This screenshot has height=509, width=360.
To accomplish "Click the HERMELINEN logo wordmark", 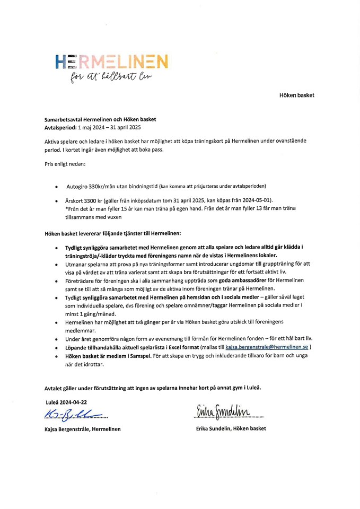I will tap(111, 62).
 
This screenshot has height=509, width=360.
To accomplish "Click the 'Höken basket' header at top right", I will tap(297, 95).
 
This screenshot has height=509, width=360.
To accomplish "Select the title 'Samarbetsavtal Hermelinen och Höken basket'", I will tap(100, 120).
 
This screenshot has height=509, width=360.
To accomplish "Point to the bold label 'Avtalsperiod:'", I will tap(60, 128).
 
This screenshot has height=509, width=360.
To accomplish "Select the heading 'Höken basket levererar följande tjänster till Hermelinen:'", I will tap(113, 233).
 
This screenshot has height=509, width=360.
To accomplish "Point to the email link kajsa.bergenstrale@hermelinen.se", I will tap(267, 347).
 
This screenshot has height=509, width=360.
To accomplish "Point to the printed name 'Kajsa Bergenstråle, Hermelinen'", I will tap(83, 429).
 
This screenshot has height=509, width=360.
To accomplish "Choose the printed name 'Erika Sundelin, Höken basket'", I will tap(231, 428).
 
